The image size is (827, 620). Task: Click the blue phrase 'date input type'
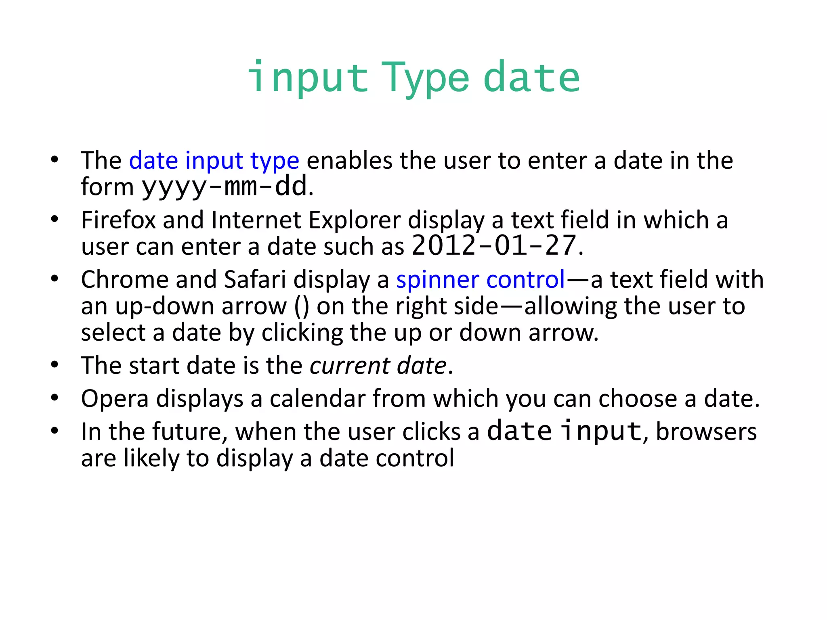[214, 161]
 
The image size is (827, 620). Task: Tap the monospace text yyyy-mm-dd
[224, 187]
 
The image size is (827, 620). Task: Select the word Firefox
[118, 220]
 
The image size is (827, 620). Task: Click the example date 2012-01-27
[493, 246]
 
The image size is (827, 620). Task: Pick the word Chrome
[124, 279]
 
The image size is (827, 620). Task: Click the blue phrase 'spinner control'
[481, 279]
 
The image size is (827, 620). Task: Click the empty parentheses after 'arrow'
[302, 306]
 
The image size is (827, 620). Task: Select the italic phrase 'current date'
[378, 366]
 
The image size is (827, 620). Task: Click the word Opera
[115, 399]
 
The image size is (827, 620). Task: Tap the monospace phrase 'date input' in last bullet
[564, 431]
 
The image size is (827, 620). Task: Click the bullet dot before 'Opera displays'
[55, 398]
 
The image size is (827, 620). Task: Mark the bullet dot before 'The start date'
[55, 364]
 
